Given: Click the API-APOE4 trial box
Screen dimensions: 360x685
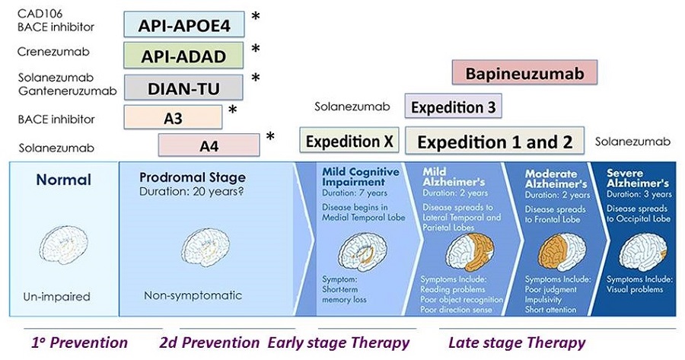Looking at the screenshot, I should click(x=184, y=24).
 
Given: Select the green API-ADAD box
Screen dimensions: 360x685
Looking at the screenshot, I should click(x=184, y=56).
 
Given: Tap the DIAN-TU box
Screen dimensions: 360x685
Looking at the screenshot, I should click(x=183, y=88).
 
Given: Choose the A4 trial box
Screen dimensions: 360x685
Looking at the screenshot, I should click(x=208, y=144).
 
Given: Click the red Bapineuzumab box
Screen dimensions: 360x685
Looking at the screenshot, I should click(x=524, y=73).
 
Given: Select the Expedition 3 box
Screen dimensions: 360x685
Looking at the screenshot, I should click(x=453, y=107).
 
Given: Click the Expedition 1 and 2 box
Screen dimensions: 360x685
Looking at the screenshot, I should click(x=495, y=141).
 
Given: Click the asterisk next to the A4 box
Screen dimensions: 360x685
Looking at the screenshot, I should click(x=270, y=138).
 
